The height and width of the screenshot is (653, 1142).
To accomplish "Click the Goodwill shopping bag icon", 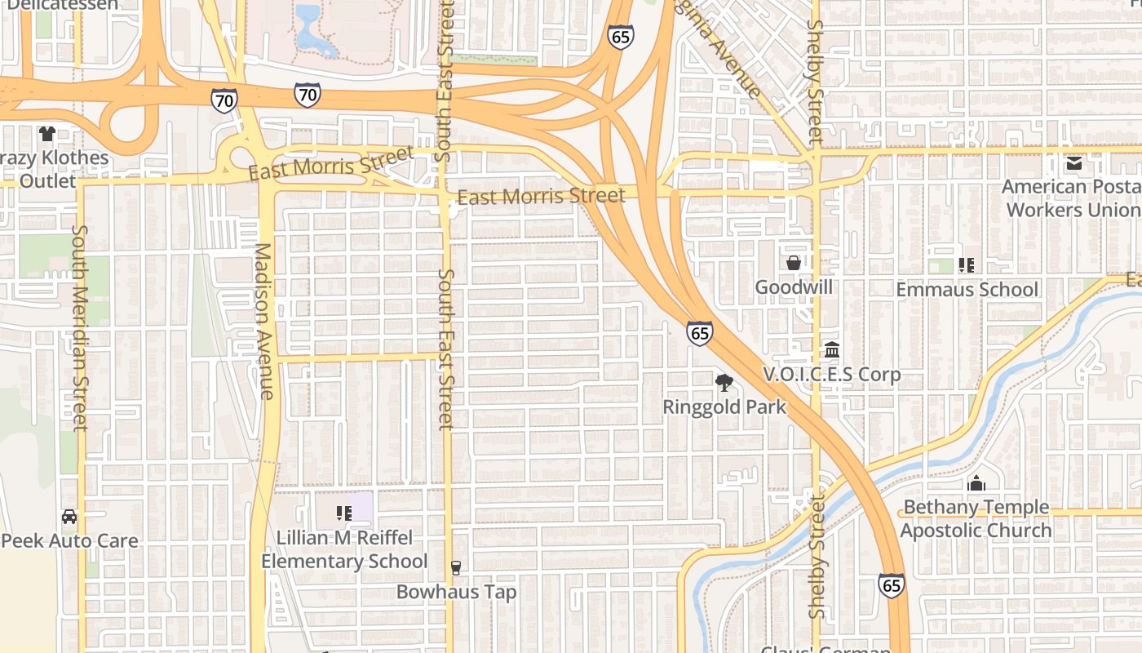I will [x=793, y=263].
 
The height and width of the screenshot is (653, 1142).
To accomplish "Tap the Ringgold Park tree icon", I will [x=724, y=382].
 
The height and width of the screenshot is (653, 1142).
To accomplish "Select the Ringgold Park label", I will [x=724, y=406].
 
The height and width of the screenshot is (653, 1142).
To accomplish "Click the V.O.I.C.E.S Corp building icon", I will [x=832, y=350].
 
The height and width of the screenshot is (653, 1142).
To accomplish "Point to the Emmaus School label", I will [x=967, y=290].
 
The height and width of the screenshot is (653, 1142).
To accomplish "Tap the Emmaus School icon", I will [x=967, y=264].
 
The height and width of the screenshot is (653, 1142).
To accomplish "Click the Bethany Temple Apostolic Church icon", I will [x=976, y=483].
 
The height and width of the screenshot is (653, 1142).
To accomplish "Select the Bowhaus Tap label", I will [x=456, y=592].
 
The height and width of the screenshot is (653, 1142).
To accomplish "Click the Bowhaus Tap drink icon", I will [x=456, y=568].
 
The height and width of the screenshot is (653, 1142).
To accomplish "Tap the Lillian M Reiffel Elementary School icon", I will [x=343, y=513].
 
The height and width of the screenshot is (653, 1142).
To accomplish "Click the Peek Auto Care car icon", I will [x=69, y=517].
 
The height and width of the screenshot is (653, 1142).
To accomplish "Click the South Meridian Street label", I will [x=79, y=326].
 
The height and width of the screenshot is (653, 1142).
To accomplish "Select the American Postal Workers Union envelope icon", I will [x=1073, y=162].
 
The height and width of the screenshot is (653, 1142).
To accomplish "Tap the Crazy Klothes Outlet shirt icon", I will [x=46, y=133].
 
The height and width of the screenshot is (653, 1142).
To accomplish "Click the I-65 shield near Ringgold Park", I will [x=699, y=332].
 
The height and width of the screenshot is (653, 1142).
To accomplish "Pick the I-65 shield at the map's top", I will [x=620, y=37].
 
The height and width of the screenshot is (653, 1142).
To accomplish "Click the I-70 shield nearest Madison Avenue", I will [x=224, y=101].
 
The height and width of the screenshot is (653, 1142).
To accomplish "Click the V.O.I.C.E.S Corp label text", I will [x=831, y=375].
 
